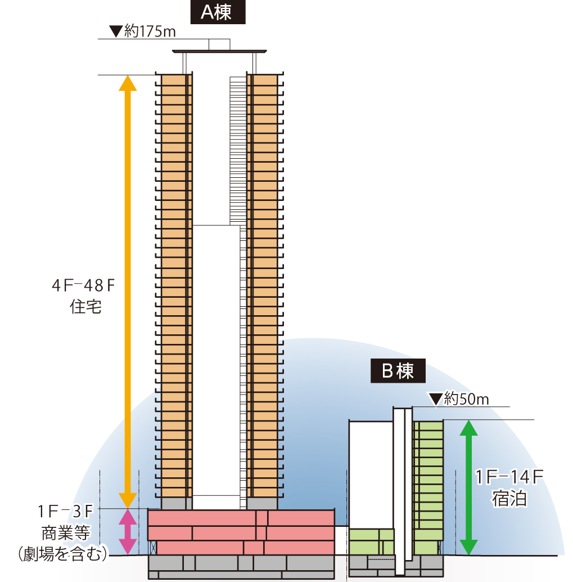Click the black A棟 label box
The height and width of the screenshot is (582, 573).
click(218, 12)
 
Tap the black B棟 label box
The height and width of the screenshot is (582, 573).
click(398, 370)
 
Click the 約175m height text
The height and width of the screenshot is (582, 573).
click(150, 32)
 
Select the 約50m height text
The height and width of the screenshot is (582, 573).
click(466, 399)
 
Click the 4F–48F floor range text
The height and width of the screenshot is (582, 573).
click(83, 285)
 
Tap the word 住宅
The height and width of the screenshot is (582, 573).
click(85, 307)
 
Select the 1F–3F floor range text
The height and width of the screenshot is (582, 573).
click(65, 512)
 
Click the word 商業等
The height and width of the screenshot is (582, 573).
click(66, 533)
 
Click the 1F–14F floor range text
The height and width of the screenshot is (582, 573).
click(509, 477)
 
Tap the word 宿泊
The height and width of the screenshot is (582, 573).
click(509, 499)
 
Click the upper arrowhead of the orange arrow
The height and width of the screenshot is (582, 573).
click(128, 83)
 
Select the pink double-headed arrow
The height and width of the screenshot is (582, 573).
click(128, 532)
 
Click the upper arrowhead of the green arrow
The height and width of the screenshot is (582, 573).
click(469, 428)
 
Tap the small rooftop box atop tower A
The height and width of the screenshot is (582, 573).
click(219, 44)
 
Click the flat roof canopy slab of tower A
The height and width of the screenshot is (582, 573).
click(219, 51)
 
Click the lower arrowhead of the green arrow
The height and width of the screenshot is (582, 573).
click(469, 547)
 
